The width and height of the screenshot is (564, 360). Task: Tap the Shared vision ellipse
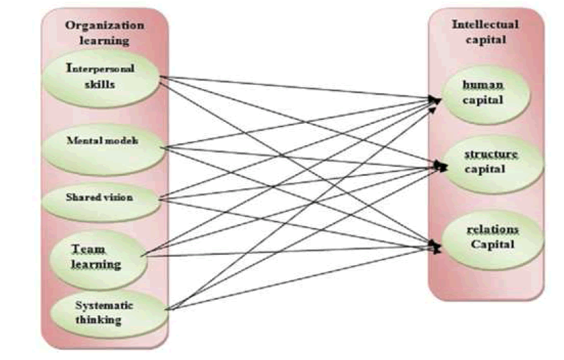click(x=100, y=198)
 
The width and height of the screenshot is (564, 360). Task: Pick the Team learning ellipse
click(x=98, y=256)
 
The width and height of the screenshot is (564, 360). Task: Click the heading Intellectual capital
click(x=485, y=31)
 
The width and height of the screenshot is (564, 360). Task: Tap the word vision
click(x=118, y=197)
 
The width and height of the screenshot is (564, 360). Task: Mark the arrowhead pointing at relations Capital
click(x=438, y=248)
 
